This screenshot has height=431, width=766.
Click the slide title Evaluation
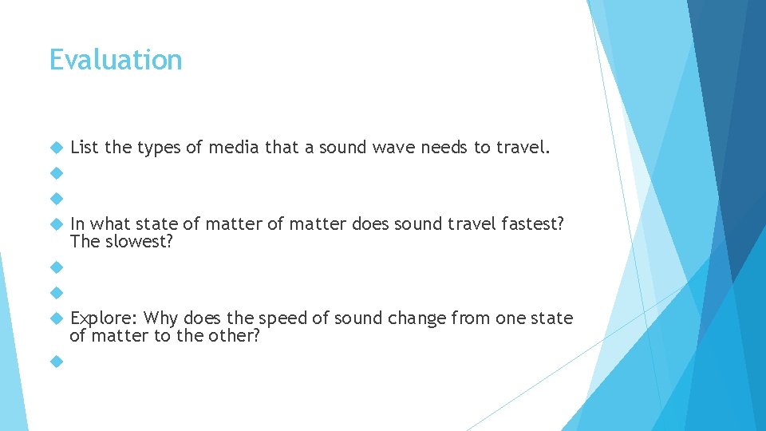pos(116,60)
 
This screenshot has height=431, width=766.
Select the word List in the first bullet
pos(85,147)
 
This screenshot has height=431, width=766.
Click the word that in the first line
pos(282,147)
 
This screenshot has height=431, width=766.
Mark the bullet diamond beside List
pos(56,148)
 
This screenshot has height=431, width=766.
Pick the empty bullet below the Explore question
pos(56,362)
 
